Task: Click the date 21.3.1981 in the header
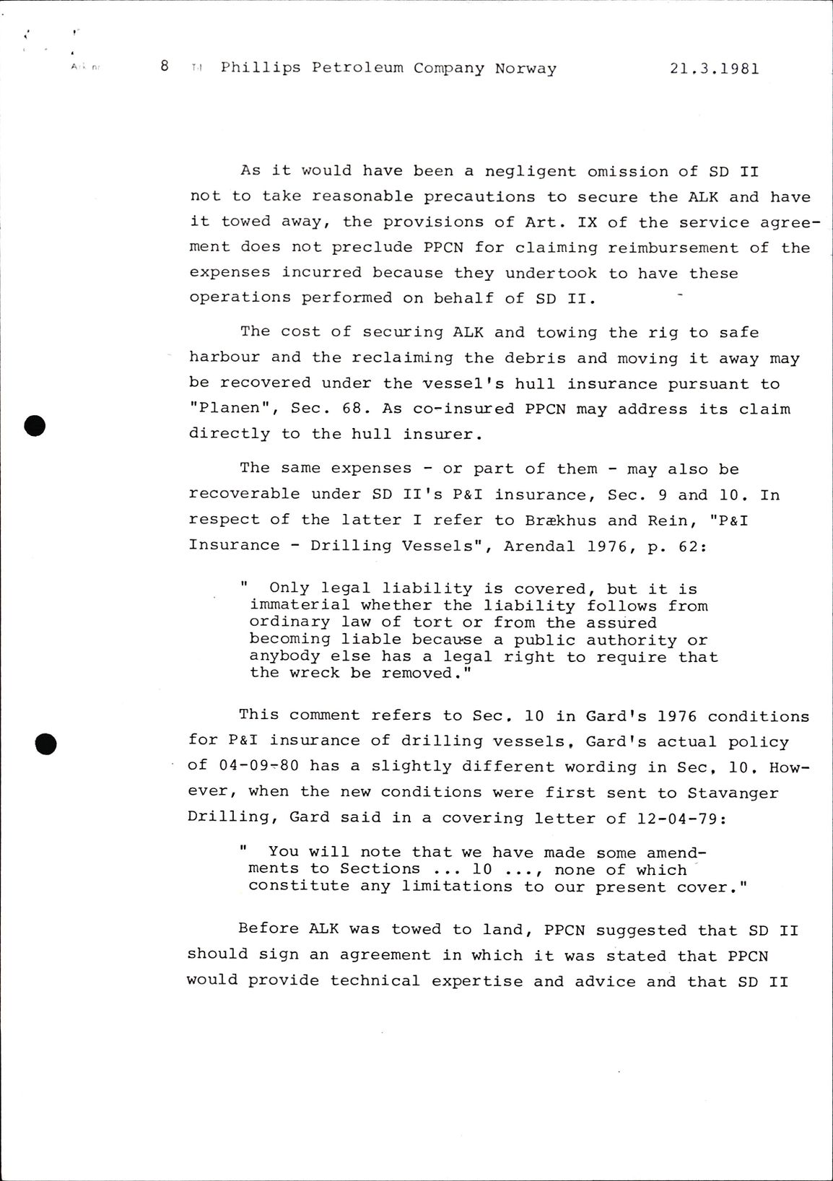pyautogui.click(x=714, y=69)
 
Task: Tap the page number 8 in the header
pyautogui.click(x=165, y=66)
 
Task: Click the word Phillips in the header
pyautogui.click(x=261, y=69)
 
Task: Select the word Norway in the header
pyautogui.click(x=525, y=69)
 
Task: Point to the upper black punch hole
pyautogui.click(x=35, y=427)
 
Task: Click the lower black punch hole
pyautogui.click(x=45, y=743)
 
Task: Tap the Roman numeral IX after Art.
pyautogui.click(x=587, y=222)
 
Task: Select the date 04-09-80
pyautogui.click(x=259, y=767)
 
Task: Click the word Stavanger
pyautogui.click(x=733, y=793)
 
